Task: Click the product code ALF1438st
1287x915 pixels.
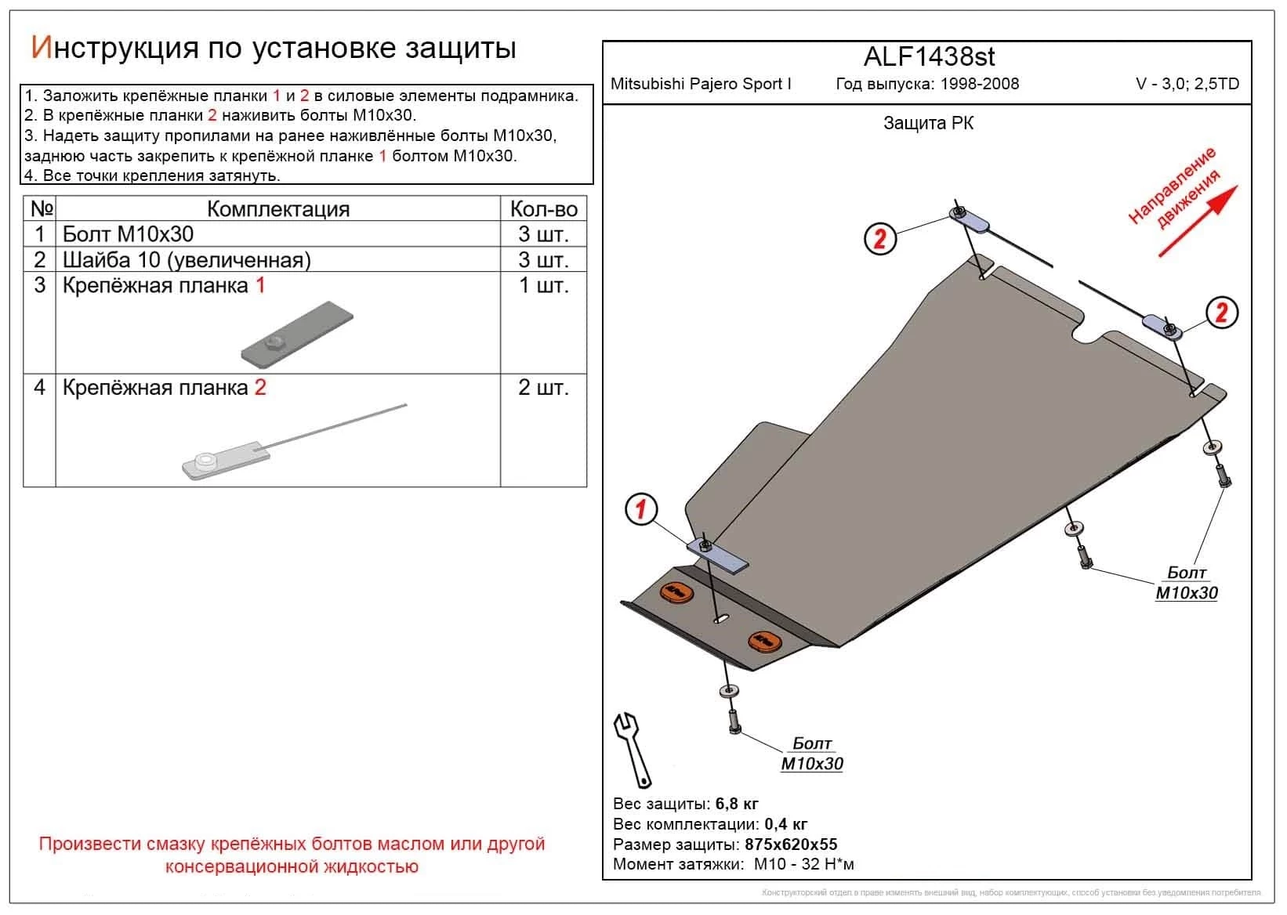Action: coord(929,57)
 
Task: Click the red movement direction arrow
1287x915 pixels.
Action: coord(1198,221)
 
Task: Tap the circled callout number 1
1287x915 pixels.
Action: coord(641,510)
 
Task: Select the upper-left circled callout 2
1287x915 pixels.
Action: coord(879,238)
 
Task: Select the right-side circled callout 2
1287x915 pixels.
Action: coord(1221,313)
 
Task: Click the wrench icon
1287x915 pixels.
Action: coord(632,749)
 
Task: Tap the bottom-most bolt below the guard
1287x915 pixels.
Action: coord(734,719)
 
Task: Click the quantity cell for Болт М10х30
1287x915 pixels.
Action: coord(543,234)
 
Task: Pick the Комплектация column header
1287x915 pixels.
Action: coord(277,209)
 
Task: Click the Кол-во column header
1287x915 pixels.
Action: coord(543,209)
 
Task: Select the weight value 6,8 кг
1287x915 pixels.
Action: coord(736,804)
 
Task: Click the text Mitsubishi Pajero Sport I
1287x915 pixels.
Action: coord(701,84)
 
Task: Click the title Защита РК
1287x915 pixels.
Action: coord(928,123)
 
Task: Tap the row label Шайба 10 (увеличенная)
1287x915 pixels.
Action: coord(187,260)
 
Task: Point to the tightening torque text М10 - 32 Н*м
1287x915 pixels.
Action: coord(803,865)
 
